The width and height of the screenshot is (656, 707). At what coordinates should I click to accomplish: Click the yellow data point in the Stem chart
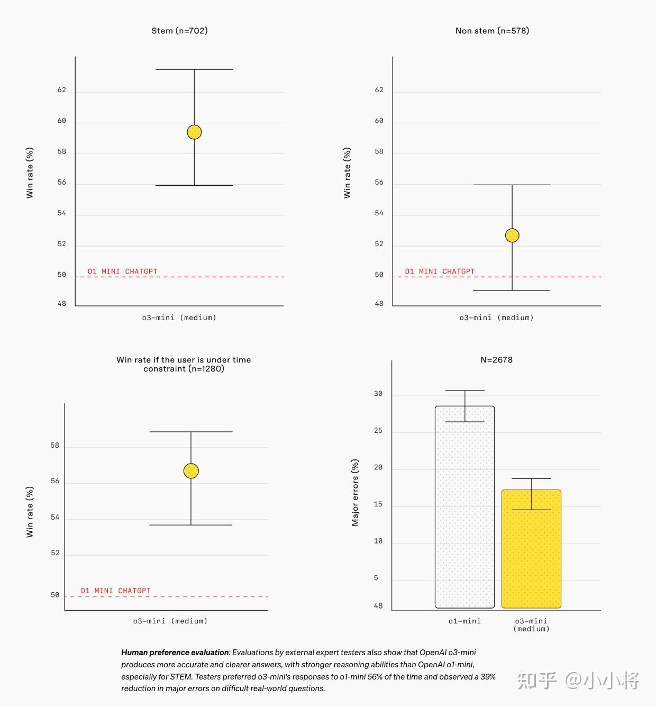point(194,132)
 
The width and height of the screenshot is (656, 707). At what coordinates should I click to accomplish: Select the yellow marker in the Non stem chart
point(512,235)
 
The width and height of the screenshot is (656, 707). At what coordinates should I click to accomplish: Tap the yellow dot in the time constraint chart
point(191,470)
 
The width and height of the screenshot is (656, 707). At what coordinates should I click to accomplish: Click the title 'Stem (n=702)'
point(179,31)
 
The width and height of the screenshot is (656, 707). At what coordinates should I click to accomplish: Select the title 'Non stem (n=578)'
point(492,31)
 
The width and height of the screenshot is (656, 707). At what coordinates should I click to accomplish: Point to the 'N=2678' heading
point(496,360)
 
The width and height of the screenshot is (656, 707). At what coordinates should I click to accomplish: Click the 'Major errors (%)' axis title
point(355,492)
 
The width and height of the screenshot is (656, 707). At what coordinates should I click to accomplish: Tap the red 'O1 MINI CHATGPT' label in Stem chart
point(122,271)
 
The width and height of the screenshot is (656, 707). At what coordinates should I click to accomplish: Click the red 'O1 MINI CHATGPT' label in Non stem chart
point(440,271)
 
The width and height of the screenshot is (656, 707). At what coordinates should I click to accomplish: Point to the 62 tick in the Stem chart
point(62,90)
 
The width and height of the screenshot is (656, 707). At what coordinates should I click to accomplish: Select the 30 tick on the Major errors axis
point(378,394)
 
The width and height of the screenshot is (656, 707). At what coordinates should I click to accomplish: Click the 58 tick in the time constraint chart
point(55,446)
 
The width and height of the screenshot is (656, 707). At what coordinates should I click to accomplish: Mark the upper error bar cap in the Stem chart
point(194,69)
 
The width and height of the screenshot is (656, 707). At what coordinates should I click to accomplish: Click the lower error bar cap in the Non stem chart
point(512,291)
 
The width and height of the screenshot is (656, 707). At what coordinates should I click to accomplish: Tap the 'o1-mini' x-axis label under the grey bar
point(464,621)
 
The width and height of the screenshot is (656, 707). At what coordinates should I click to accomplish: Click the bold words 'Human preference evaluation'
point(175,652)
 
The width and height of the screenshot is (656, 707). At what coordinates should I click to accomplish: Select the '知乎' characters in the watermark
point(536,681)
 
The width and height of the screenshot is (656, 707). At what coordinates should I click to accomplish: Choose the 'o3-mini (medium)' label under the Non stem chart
point(496,318)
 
